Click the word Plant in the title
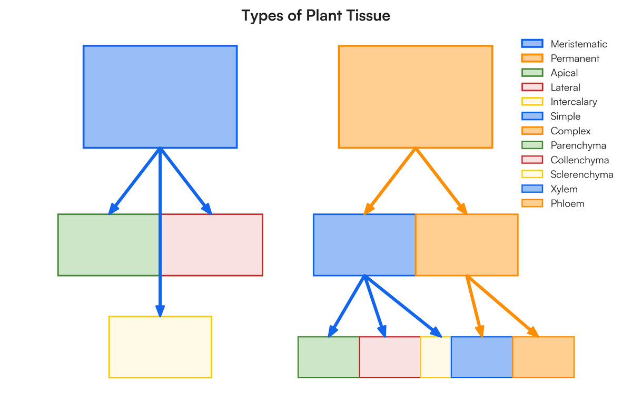click(x=322, y=16)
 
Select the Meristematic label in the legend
click(x=579, y=44)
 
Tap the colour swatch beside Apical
click(x=532, y=73)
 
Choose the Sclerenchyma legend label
click(x=582, y=174)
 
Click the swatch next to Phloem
click(x=532, y=203)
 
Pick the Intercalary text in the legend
click(x=574, y=102)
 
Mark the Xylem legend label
click(x=564, y=189)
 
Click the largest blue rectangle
click(x=160, y=96)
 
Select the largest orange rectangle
click(x=416, y=96)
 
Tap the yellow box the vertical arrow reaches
click(x=160, y=347)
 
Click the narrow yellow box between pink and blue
click(x=436, y=357)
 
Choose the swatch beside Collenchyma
click(x=532, y=160)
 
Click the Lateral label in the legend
click(x=566, y=87)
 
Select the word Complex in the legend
click(x=571, y=131)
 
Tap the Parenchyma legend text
click(x=578, y=145)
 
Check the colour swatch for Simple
click(x=532, y=116)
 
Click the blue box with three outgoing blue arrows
click(x=364, y=245)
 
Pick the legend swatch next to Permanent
click(x=532, y=58)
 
